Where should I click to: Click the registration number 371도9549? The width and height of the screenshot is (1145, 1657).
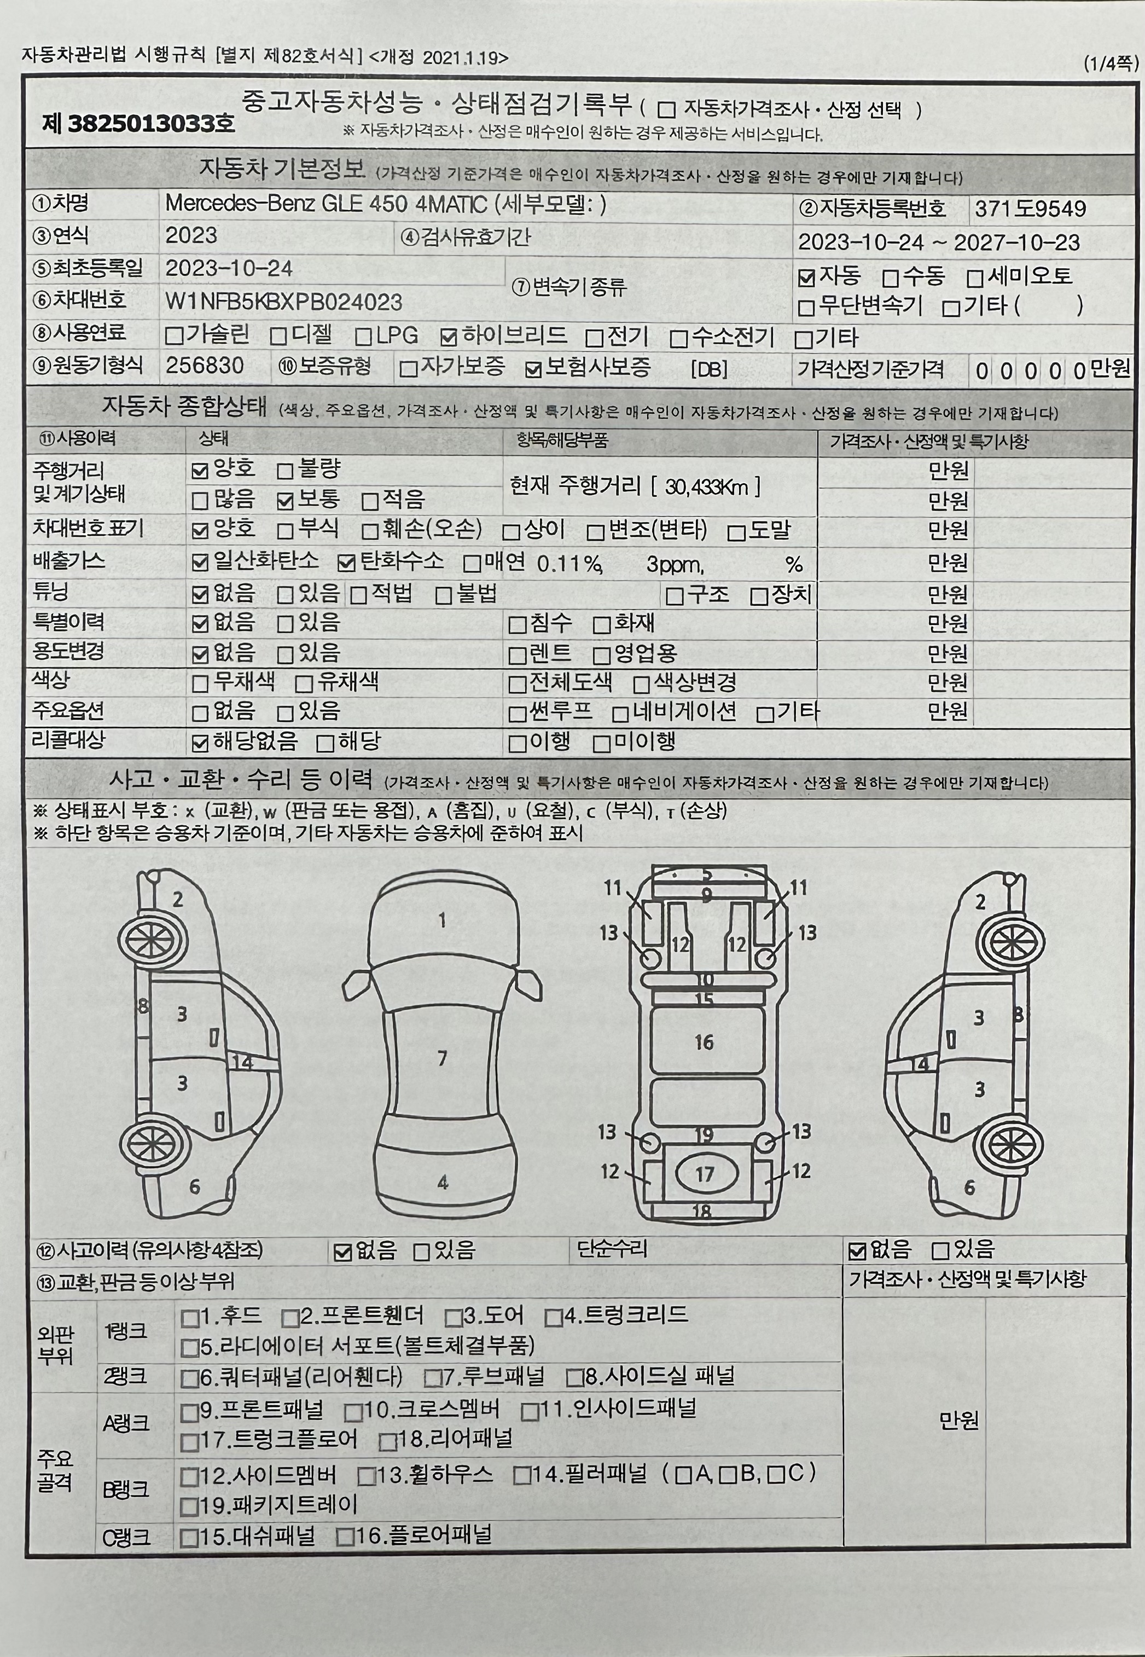click(1030, 209)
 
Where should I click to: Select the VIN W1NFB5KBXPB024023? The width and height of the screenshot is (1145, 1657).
click(284, 302)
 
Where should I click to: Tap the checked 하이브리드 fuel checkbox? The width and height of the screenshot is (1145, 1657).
click(449, 337)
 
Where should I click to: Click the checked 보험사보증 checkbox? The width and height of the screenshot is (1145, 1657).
click(533, 369)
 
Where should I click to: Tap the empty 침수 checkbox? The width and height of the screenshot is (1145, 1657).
click(516, 624)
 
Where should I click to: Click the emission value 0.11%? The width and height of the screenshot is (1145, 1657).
click(569, 564)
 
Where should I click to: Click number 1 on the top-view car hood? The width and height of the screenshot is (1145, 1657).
click(443, 920)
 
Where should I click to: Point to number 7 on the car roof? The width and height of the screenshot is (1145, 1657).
click(443, 1058)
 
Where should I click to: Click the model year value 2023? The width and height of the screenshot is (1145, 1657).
click(191, 235)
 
